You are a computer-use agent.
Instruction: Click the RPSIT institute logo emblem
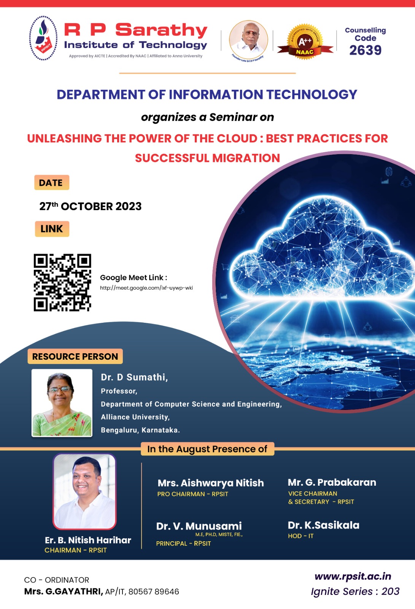tap(43, 38)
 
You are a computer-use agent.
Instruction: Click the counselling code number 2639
tap(365, 50)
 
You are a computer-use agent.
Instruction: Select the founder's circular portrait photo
tap(248, 40)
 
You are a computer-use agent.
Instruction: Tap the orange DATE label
tap(52, 182)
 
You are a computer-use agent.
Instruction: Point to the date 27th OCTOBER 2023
tap(91, 206)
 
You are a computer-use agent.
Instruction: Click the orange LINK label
tap(52, 229)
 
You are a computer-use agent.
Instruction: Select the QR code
tap(62, 282)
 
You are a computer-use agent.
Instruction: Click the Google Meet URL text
tap(146, 288)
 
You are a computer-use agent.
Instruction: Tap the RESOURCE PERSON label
tap(75, 356)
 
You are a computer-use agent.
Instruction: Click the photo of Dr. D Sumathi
tap(62, 403)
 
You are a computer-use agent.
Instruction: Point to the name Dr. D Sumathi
tap(134, 377)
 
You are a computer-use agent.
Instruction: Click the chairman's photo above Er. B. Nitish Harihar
tap(84, 491)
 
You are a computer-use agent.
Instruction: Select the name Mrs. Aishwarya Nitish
tap(211, 483)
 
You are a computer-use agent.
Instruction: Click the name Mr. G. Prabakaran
tap(332, 482)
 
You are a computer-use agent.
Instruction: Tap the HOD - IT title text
tap(301, 536)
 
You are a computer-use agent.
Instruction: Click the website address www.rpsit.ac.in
tap(353, 576)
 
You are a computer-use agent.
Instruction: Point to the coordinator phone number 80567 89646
tap(154, 591)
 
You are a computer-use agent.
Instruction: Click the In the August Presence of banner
tap(207, 449)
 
